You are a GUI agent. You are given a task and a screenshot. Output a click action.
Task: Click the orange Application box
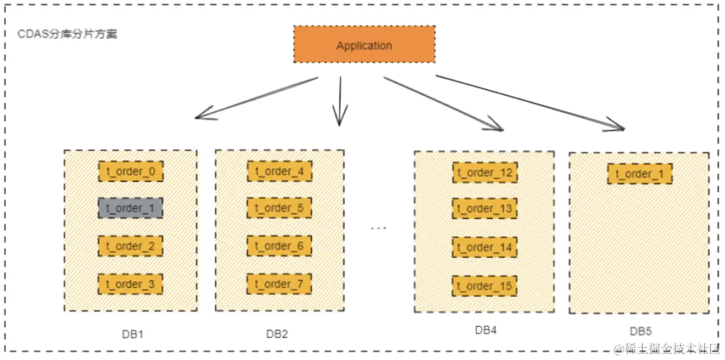click(364, 45)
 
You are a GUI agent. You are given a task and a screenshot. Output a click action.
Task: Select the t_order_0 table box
click(130, 171)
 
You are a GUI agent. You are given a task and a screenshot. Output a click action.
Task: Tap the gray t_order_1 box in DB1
click(130, 208)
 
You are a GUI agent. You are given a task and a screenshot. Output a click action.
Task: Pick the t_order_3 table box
click(130, 284)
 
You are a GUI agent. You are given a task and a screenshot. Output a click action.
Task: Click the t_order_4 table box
click(279, 171)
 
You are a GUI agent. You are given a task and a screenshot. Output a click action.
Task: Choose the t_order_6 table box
click(279, 246)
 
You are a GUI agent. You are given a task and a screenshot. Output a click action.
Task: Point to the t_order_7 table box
click(279, 284)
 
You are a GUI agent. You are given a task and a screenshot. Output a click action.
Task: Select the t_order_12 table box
click(485, 173)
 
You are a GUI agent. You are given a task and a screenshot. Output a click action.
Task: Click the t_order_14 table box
click(485, 247)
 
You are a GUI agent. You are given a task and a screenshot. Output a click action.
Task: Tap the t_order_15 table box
click(485, 286)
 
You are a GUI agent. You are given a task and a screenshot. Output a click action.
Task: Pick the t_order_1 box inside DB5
click(640, 174)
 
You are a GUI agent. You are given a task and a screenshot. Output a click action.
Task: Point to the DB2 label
click(277, 334)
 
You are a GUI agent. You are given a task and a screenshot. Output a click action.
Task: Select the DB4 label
click(486, 330)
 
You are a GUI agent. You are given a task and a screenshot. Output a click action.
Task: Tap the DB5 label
click(640, 331)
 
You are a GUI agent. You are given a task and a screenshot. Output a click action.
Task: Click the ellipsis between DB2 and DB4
click(379, 228)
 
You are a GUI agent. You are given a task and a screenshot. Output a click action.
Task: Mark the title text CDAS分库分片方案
click(67, 34)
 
